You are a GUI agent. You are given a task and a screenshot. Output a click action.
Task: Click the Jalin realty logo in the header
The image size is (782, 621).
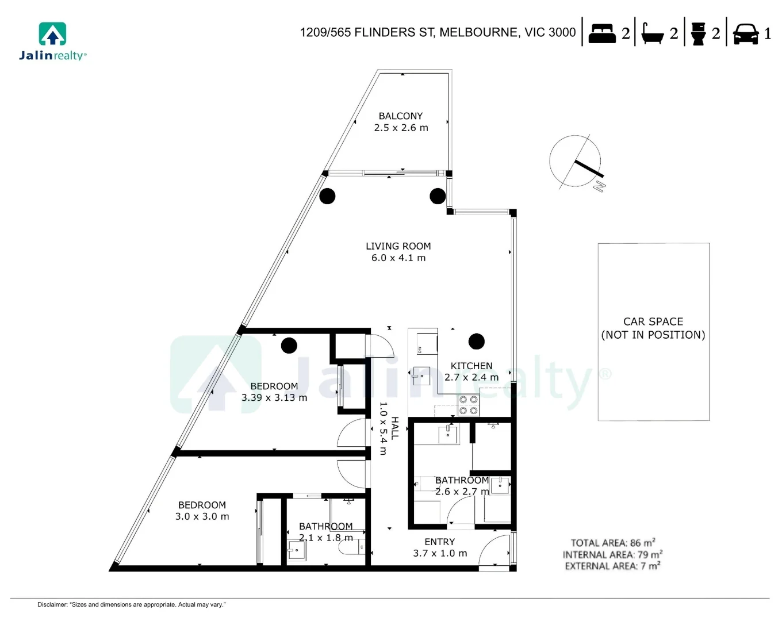click(x=52, y=41)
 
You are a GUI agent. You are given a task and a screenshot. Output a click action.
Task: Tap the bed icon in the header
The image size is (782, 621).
click(x=602, y=33)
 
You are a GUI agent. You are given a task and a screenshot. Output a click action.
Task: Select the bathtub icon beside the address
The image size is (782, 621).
click(x=653, y=34)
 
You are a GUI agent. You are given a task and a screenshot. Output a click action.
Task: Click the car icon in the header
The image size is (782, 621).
click(x=746, y=33)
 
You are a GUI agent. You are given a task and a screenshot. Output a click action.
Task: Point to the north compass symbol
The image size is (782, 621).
click(x=577, y=162)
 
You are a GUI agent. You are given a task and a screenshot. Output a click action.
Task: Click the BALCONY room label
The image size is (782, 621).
click(x=400, y=116)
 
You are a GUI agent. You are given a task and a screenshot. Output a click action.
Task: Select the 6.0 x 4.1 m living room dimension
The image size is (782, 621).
click(x=398, y=258)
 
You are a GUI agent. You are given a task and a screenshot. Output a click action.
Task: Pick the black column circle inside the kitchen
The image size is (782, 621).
click(x=476, y=342)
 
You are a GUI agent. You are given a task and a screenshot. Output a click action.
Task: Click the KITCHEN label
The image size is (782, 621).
click(x=471, y=366)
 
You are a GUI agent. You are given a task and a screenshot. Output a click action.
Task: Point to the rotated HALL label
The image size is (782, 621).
click(x=394, y=428)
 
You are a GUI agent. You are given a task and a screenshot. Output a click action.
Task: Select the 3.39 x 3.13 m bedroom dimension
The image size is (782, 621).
click(x=274, y=398)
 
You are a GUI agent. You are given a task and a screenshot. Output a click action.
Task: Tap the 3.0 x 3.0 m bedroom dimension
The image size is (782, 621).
click(x=202, y=517)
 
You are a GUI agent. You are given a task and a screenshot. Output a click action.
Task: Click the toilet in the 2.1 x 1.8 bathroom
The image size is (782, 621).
click(x=352, y=547)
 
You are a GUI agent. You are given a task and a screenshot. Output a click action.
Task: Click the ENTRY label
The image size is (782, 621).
click(x=439, y=542)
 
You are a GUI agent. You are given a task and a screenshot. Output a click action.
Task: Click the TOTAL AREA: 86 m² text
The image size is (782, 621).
click(x=612, y=543)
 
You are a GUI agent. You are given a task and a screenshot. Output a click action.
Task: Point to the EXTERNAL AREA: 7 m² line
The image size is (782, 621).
click(x=612, y=566)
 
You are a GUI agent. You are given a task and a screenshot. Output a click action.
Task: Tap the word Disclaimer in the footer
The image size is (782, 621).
click(x=52, y=604)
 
